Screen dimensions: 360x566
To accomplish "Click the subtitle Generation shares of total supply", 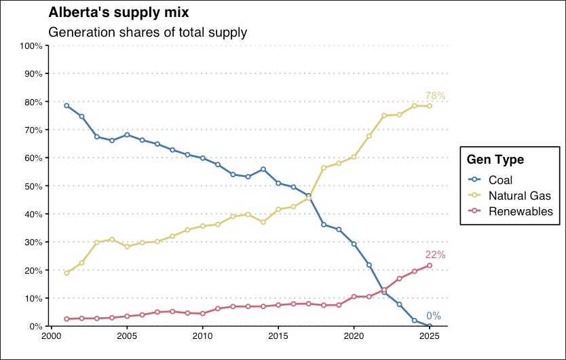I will point(148,32).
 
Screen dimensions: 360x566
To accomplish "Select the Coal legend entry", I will point(500,180).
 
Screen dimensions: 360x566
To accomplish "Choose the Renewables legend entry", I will point(521,211).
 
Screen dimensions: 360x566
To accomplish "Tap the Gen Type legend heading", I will point(495,160).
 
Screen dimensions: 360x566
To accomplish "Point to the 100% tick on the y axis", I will point(31,46).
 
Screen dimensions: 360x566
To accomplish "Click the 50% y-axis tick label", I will point(33,186).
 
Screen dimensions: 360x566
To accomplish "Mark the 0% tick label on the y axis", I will point(36,327).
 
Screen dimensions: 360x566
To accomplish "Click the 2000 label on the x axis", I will point(51,336).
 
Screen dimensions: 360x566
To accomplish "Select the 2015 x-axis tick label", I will point(278,336).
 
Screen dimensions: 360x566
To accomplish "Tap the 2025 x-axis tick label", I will point(430,336).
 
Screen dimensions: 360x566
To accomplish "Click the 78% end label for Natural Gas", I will point(435,96).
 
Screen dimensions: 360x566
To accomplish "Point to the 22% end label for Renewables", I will point(435,255).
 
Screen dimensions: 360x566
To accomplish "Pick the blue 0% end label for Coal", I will point(434,316).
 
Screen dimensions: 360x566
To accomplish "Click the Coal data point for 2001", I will point(67,105).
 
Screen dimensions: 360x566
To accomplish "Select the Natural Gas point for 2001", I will point(67,273).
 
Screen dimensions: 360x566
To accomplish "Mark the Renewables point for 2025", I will point(430,266).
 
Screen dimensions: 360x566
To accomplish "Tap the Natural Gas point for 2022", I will point(384,115).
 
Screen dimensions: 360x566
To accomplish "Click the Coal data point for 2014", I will point(263,169).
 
